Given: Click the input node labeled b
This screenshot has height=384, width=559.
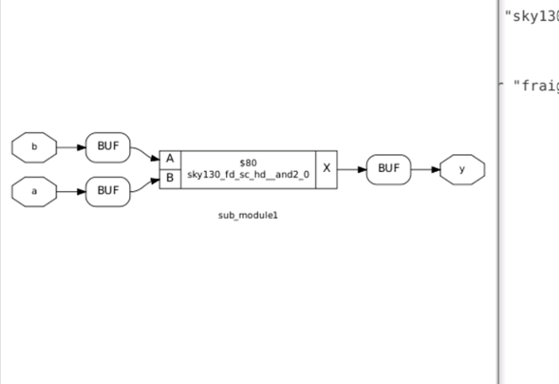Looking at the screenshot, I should [x=34, y=147].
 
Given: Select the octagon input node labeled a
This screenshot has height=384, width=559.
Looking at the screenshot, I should [x=34, y=191].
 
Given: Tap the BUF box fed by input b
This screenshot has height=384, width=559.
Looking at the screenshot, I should [x=107, y=147].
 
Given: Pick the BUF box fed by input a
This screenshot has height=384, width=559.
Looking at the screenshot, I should [x=107, y=191].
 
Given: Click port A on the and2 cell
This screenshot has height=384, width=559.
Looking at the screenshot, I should [x=170, y=159].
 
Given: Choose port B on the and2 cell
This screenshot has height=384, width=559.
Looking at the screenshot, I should [x=170, y=178].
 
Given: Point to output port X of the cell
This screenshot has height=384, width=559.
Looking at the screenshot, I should [x=326, y=168].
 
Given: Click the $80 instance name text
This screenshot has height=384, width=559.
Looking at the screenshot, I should [x=248, y=162].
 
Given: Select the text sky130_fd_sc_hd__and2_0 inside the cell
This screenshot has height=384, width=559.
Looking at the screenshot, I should [x=248, y=176].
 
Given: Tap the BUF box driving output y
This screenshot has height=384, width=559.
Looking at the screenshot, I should [x=388, y=169].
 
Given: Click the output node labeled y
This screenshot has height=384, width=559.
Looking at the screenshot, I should [x=462, y=169].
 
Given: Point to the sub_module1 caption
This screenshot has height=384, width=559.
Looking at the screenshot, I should [x=248, y=216].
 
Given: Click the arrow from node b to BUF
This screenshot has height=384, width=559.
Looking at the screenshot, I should [x=71, y=147].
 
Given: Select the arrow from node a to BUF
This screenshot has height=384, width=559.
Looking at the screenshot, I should [x=71, y=191].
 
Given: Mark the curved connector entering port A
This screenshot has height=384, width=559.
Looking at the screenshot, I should [x=144, y=153].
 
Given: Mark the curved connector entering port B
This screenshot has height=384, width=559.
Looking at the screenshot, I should [x=144, y=183].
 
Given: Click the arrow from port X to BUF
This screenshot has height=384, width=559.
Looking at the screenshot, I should [x=351, y=169].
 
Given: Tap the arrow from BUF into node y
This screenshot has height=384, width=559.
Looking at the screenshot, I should [x=425, y=169].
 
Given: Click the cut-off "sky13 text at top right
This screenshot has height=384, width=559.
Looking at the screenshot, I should [x=531, y=16].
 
